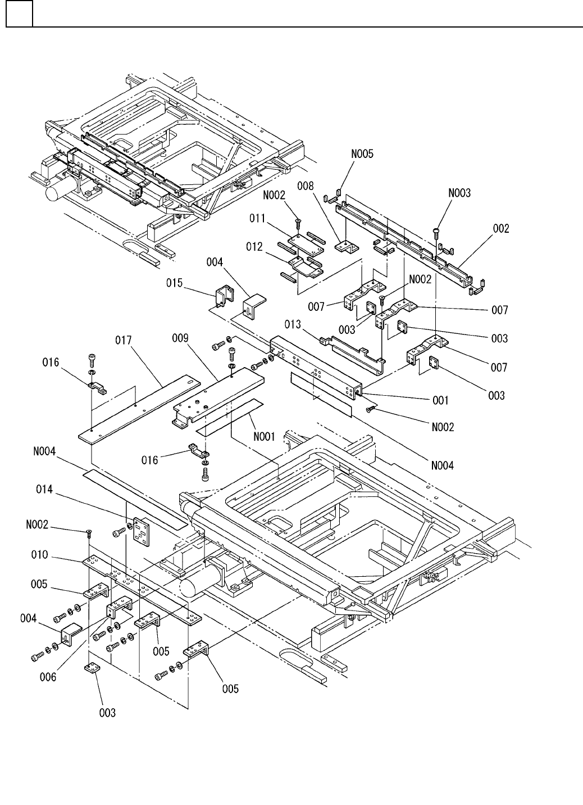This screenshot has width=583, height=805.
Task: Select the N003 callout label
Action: [459, 193]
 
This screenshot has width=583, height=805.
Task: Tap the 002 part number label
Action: [501, 229]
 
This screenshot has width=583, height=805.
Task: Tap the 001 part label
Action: [440, 401]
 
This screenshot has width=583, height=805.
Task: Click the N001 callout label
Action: [262, 435]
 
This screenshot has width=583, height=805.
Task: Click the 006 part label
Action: [48, 677]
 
